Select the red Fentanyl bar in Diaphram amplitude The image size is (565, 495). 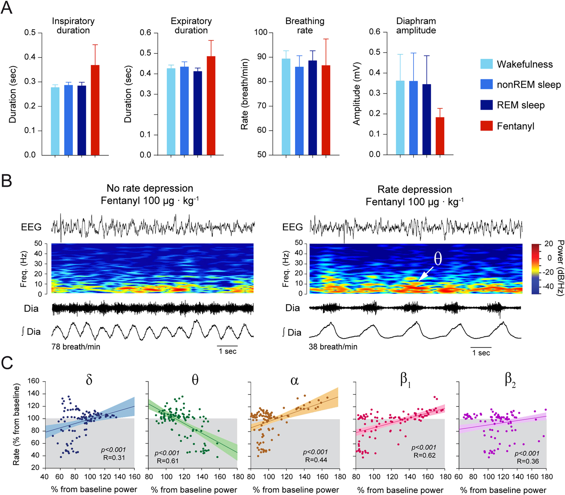[x=440, y=136]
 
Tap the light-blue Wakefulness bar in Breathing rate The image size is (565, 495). [x=286, y=107]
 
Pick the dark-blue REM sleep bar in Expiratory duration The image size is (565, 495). [x=197, y=113]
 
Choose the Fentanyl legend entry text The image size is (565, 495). [x=515, y=126]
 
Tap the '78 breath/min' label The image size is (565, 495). [x=76, y=347]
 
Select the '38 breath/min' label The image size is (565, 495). [x=333, y=347]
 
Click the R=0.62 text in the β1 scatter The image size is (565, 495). [x=424, y=455]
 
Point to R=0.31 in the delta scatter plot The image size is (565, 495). [x=114, y=458]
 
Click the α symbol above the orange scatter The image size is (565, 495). [x=294, y=381]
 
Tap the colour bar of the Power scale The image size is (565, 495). [x=536, y=269]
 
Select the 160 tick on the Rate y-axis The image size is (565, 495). [x=33, y=381]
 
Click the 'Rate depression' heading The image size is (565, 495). [x=414, y=189]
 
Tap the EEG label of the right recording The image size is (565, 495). [x=292, y=227]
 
